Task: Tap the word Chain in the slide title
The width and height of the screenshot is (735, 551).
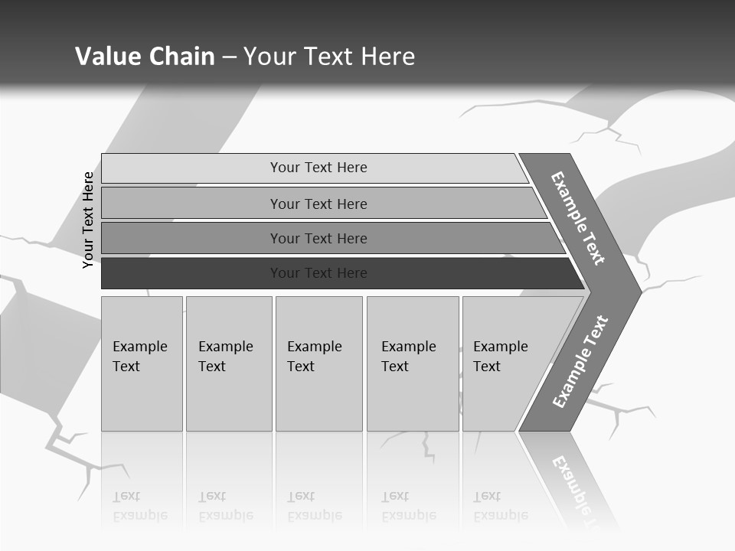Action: click(x=182, y=57)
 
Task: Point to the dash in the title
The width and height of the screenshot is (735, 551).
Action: click(x=229, y=57)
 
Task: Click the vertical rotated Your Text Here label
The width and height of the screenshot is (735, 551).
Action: click(x=88, y=220)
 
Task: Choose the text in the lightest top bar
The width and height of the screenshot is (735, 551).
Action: click(x=318, y=168)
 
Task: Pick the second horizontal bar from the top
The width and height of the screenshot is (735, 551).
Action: click(x=318, y=204)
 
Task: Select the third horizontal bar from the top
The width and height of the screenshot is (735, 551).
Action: click(x=318, y=239)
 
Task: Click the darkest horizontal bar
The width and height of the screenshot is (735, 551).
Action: click(x=318, y=273)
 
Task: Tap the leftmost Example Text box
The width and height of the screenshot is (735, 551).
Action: click(x=142, y=363)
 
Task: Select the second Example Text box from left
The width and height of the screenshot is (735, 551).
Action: click(x=228, y=363)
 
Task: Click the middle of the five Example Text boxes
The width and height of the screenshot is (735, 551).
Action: click(x=318, y=363)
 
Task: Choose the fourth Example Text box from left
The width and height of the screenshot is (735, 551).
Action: click(x=412, y=363)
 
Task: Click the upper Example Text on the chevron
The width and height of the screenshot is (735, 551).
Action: click(x=578, y=217)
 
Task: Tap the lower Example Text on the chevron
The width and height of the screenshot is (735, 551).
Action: click(x=580, y=362)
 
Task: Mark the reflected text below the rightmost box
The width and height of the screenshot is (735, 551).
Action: click(x=500, y=506)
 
